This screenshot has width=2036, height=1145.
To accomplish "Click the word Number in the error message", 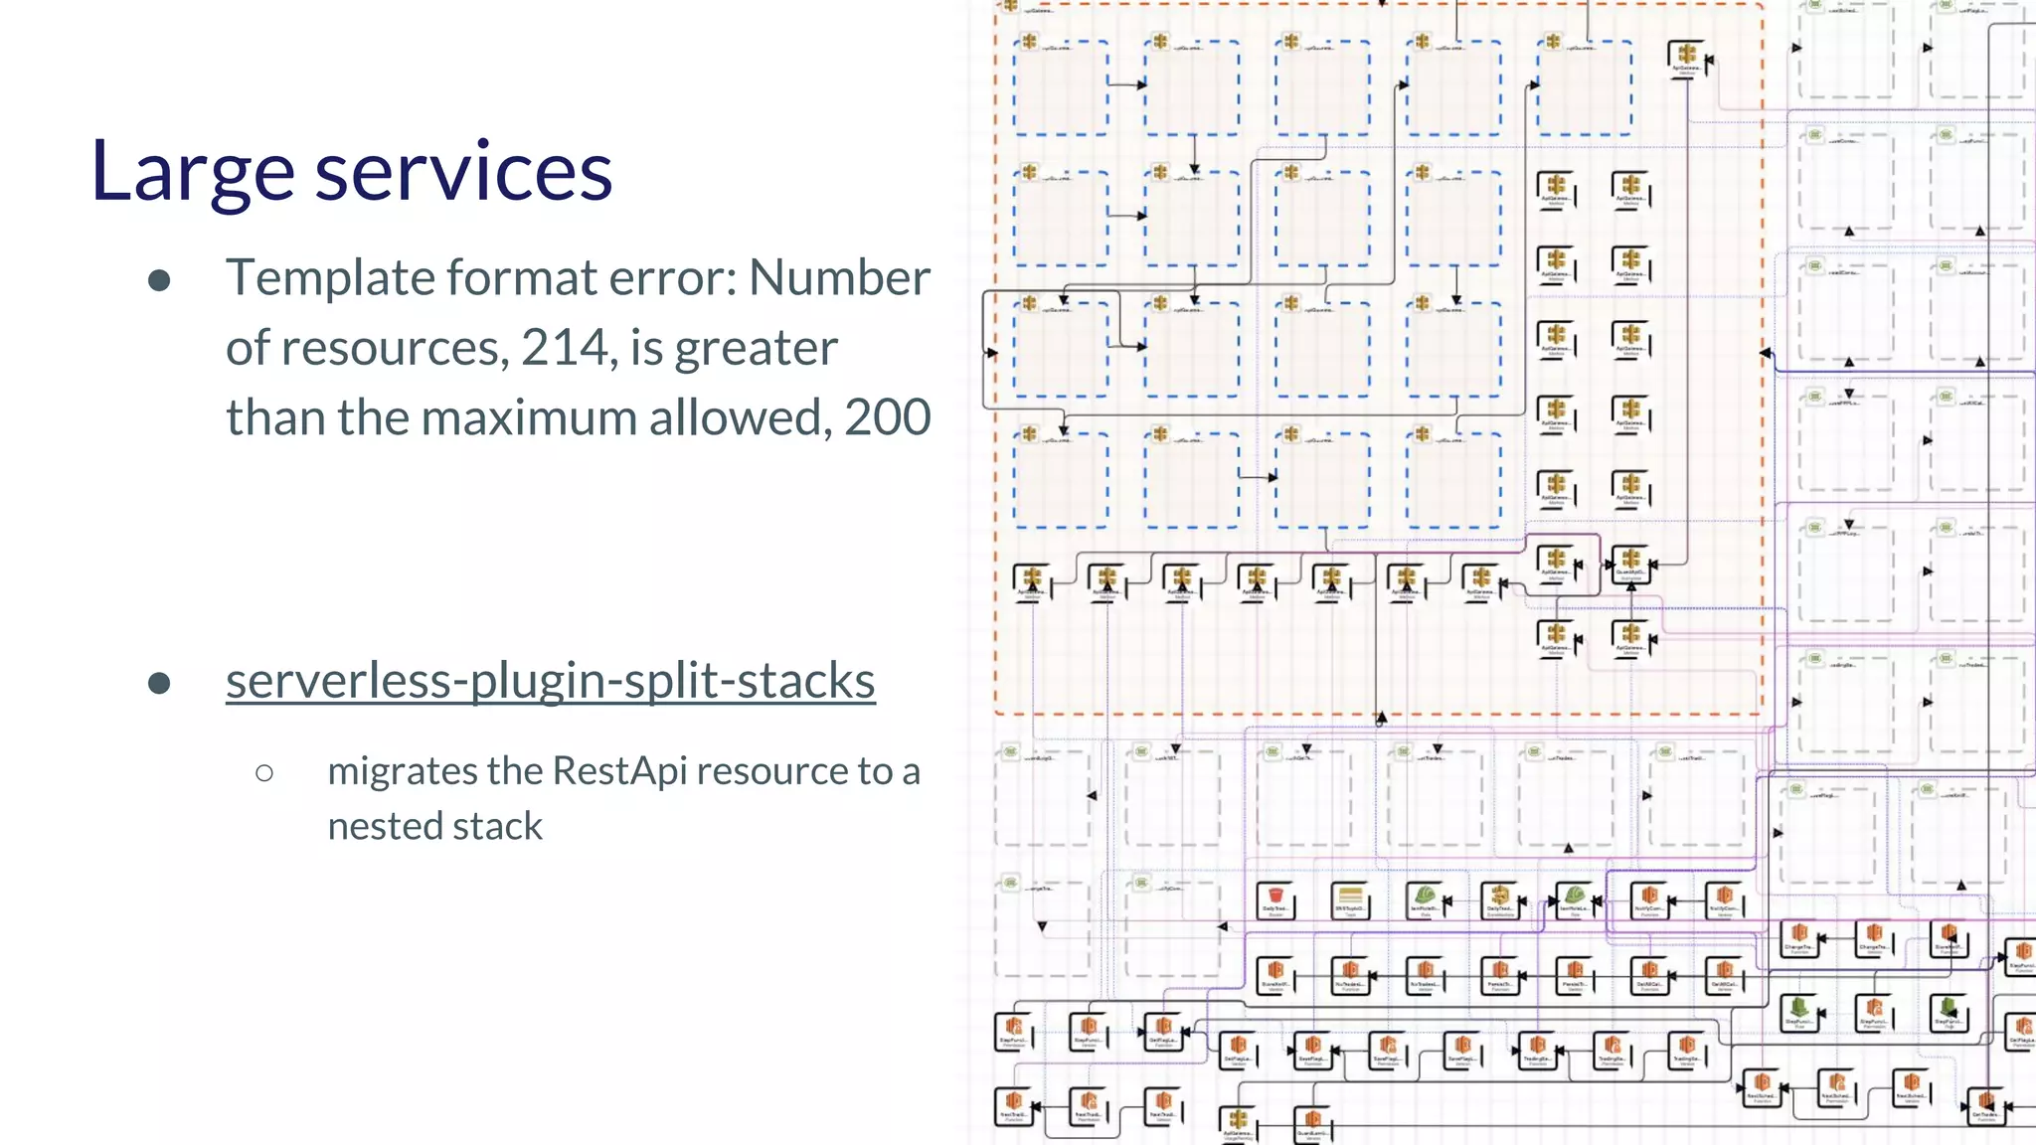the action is coord(839,277).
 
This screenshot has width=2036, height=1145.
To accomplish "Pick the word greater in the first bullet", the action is coord(756,348).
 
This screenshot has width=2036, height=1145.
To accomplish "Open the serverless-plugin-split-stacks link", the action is coord(550,681).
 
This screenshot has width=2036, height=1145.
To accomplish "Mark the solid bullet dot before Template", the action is coord(159,281).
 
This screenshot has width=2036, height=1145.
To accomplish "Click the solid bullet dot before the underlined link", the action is coord(159,684).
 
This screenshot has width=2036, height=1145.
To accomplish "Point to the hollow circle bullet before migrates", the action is coord(264,773).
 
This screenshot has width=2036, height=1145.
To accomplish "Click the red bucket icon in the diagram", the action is coord(1275,898).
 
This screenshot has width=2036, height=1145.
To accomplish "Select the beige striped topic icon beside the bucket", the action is coord(1350,898).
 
